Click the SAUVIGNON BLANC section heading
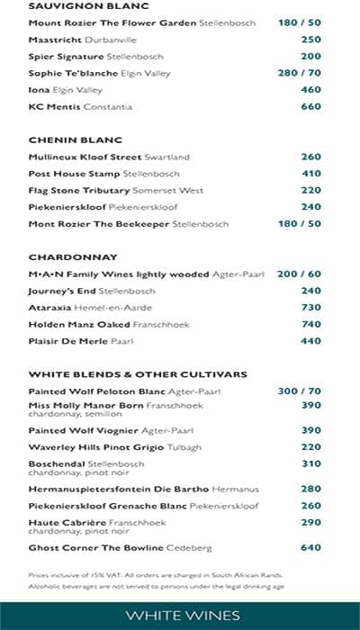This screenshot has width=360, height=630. [x=76, y=6]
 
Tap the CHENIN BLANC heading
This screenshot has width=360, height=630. [x=62, y=140]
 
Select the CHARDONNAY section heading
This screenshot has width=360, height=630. [x=61, y=257]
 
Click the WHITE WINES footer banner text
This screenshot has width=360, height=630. [x=183, y=616]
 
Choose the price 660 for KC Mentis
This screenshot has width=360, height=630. [x=310, y=107]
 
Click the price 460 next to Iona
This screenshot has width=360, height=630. [x=310, y=90]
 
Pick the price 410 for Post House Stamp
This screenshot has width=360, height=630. [x=310, y=174]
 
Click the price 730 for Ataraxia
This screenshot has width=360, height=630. [x=310, y=308]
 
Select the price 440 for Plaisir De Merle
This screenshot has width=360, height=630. [x=310, y=341]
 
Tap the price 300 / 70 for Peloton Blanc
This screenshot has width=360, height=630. [x=300, y=391]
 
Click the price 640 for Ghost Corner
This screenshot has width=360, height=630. [x=310, y=547]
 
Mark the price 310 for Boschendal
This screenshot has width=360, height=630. [x=310, y=464]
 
